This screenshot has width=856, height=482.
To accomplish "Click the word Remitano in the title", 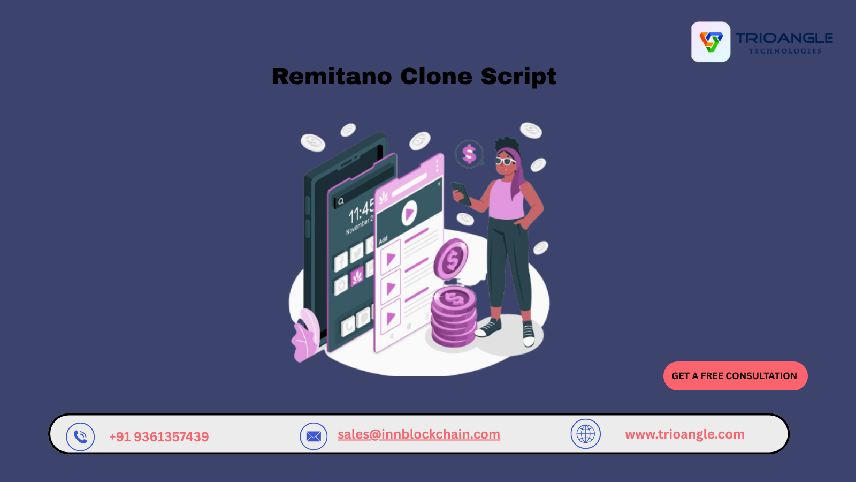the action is coord(332,76).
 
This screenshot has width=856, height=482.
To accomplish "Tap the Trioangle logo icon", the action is coord(710,42).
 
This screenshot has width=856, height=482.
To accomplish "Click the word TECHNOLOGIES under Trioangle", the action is coord(785,51).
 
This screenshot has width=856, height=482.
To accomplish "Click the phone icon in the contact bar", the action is coord(80,436).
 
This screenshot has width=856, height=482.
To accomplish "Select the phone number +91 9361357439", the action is coord(159,436).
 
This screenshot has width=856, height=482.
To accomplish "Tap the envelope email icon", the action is coord(314,436).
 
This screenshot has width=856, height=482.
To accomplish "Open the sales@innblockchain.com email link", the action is coord(419,434).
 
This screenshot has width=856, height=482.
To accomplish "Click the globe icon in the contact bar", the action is coord(585,434).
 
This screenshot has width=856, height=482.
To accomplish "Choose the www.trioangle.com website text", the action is coord(685,434).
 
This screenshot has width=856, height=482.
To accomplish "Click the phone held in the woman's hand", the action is coord(461,193).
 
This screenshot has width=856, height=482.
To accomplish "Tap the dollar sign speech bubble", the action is coord(469,154).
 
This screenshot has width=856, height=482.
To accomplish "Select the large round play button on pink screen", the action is coord(409,213).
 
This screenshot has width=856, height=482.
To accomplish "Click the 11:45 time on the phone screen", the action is coord(361,212).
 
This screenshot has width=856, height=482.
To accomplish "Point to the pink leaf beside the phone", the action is coord(305,335).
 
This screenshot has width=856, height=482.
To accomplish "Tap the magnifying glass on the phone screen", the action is coord(341,201).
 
